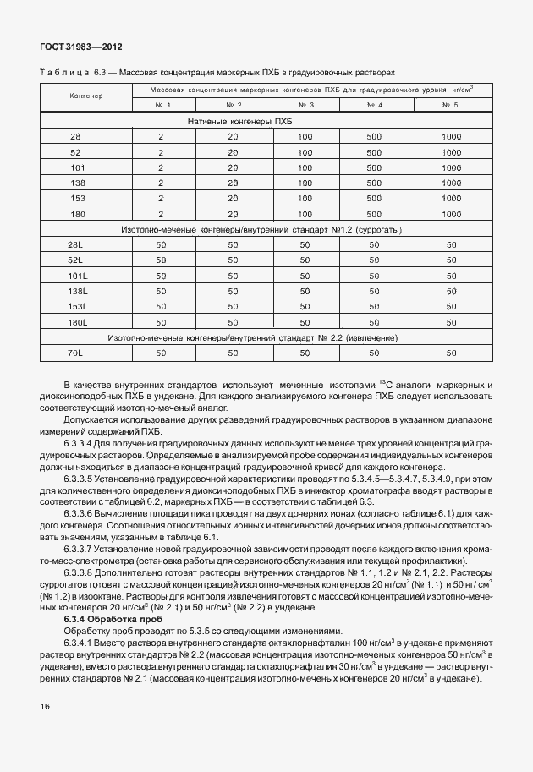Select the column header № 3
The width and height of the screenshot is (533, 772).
306,105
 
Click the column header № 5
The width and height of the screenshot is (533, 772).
451,105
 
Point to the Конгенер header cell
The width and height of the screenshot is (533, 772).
85,96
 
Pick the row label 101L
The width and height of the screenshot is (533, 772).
78,276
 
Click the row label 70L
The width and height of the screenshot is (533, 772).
75,353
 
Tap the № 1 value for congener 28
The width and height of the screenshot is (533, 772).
160,137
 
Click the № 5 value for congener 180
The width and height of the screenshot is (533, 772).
451,214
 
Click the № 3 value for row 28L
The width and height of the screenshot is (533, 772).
306,244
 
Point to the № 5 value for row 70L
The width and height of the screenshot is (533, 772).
451,353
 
